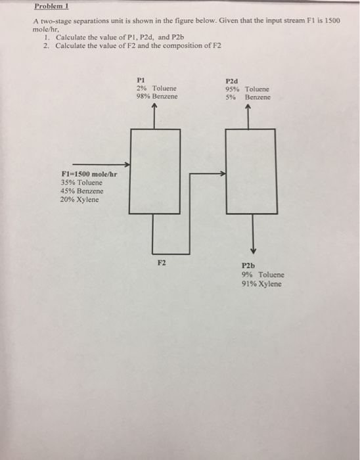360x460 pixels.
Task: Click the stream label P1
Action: pos(141,79)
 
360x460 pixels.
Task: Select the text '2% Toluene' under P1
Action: pos(156,87)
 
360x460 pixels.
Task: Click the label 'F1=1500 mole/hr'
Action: pos(89,173)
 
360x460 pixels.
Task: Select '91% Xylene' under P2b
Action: pos(262,284)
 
